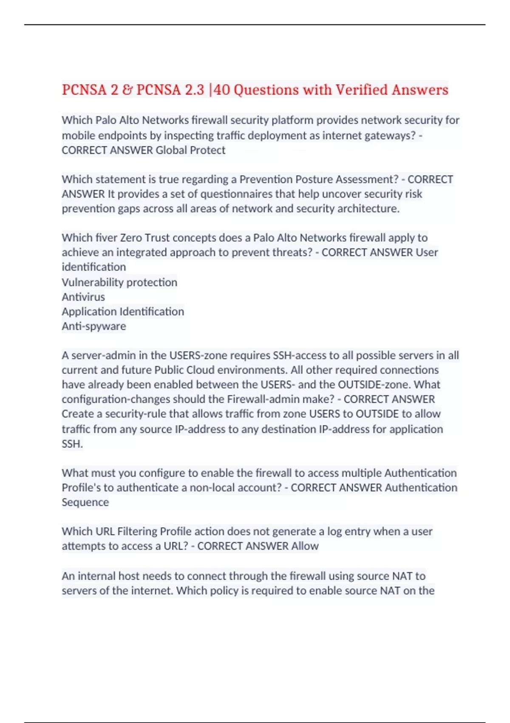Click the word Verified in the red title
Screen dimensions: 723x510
(362, 90)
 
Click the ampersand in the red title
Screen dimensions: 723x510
(127, 90)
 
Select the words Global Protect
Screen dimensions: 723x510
(190, 150)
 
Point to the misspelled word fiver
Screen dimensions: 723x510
(106, 237)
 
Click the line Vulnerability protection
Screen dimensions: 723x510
(119, 282)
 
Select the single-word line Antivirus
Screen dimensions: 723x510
(83, 297)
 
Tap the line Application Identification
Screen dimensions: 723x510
(123, 311)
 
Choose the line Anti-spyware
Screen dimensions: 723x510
(94, 326)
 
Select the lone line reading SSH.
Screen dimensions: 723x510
(72, 444)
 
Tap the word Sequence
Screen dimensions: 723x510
(85, 502)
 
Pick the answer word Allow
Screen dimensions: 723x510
(305, 546)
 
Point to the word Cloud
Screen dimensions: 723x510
(188, 370)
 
